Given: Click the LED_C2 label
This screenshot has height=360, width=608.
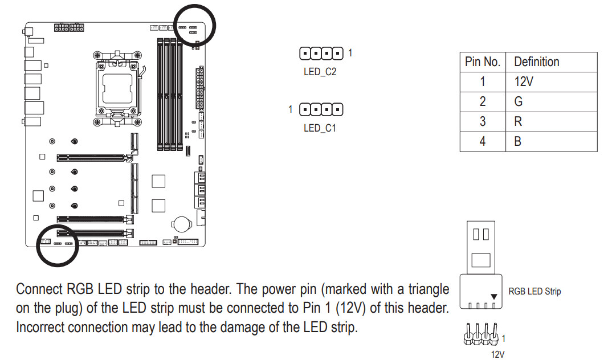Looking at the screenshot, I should [x=320, y=72].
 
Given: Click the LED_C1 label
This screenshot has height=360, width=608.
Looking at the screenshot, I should [x=320, y=128].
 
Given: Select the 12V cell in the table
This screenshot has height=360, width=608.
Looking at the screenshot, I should [x=523, y=81].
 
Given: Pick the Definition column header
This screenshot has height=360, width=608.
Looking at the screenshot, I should [x=536, y=62].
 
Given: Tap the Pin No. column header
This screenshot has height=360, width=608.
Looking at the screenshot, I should [x=482, y=62].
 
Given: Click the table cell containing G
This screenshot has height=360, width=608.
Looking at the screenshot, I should [x=518, y=101].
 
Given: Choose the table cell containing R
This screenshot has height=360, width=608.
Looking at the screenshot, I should [x=518, y=121].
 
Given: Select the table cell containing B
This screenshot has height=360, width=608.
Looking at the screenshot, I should [x=517, y=141].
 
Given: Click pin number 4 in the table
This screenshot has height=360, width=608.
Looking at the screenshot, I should [x=482, y=141].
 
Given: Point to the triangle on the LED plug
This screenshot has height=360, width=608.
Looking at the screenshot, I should [x=493, y=297].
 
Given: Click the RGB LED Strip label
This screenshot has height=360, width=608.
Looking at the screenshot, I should [x=534, y=292].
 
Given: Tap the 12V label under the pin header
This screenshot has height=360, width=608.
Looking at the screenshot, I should [x=497, y=354].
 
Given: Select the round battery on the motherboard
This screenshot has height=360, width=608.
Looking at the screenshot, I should [x=182, y=222].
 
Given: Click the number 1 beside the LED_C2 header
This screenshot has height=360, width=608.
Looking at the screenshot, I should [x=350, y=53].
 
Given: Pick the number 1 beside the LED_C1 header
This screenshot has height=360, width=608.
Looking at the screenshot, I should [x=290, y=108].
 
